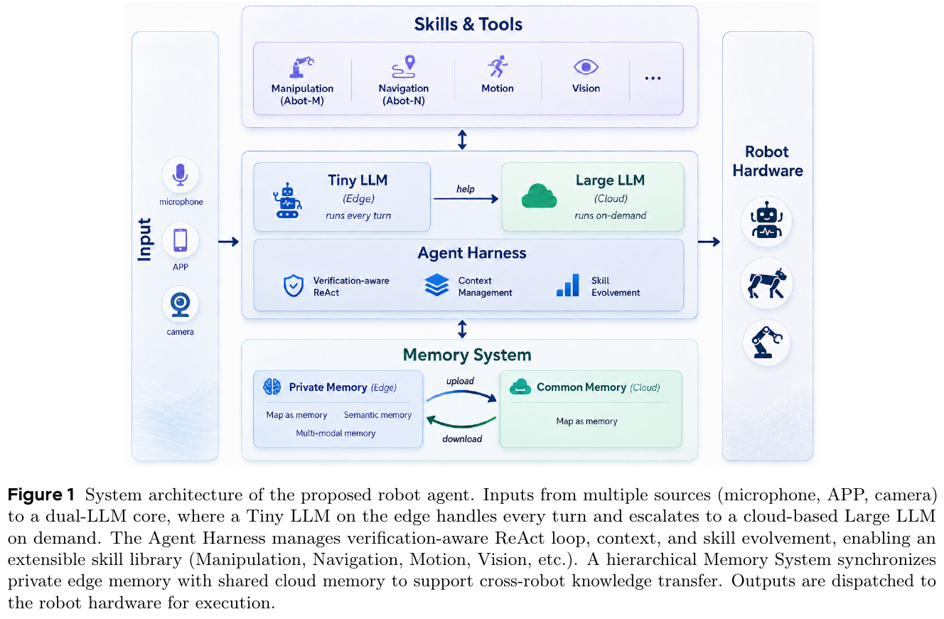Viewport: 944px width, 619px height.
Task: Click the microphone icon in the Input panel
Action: (x=181, y=174)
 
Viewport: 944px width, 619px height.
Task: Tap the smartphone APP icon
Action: (x=181, y=240)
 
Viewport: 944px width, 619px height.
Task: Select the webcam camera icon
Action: (x=181, y=305)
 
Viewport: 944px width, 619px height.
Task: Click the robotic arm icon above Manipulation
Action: (x=301, y=67)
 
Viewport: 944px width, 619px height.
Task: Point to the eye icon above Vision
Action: (x=586, y=67)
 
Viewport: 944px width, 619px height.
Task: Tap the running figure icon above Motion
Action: (x=498, y=66)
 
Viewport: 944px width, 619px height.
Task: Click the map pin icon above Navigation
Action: (x=404, y=67)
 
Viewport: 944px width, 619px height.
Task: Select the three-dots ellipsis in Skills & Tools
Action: (x=653, y=78)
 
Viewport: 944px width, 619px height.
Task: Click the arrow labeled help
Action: (x=466, y=198)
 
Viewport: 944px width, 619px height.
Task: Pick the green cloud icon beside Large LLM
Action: (x=539, y=196)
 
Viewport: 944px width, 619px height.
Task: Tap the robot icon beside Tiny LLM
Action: (x=287, y=200)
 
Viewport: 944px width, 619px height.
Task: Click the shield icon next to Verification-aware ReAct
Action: (x=294, y=286)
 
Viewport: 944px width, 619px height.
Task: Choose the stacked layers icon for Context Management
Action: (x=436, y=285)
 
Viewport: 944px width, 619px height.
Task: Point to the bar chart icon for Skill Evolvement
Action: (x=568, y=285)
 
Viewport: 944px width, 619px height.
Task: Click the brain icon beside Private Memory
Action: (x=272, y=387)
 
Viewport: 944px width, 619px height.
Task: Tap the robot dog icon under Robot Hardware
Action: (x=766, y=284)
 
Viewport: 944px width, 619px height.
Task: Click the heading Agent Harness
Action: (x=472, y=253)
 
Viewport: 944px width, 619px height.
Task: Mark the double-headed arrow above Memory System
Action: (x=462, y=329)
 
